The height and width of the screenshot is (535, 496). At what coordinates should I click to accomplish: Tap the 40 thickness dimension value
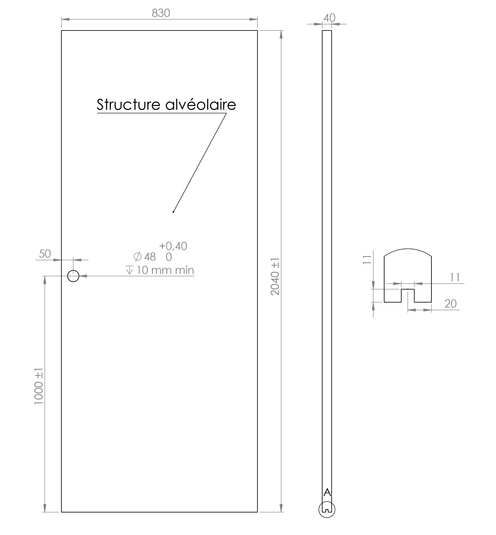pos(329,18)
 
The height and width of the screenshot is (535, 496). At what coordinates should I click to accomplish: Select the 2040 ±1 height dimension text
pos(275,277)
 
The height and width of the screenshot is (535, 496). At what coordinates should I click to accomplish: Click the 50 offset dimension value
pos(45,254)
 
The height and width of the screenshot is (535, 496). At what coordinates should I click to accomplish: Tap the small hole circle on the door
pos(73,276)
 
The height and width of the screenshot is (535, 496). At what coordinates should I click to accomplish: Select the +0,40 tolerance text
pos(173,246)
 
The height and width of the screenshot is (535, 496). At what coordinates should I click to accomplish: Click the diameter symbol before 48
pos(137,257)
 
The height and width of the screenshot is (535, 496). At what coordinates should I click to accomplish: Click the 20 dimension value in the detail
pos(450,304)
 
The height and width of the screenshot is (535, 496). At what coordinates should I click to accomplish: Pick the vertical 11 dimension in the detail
pos(367,260)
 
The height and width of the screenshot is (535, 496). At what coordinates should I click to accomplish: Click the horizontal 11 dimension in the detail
pos(455,277)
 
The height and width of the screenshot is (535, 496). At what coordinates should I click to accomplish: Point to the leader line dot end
pos(173,212)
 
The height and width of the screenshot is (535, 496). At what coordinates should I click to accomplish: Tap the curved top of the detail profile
pos(408,249)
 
